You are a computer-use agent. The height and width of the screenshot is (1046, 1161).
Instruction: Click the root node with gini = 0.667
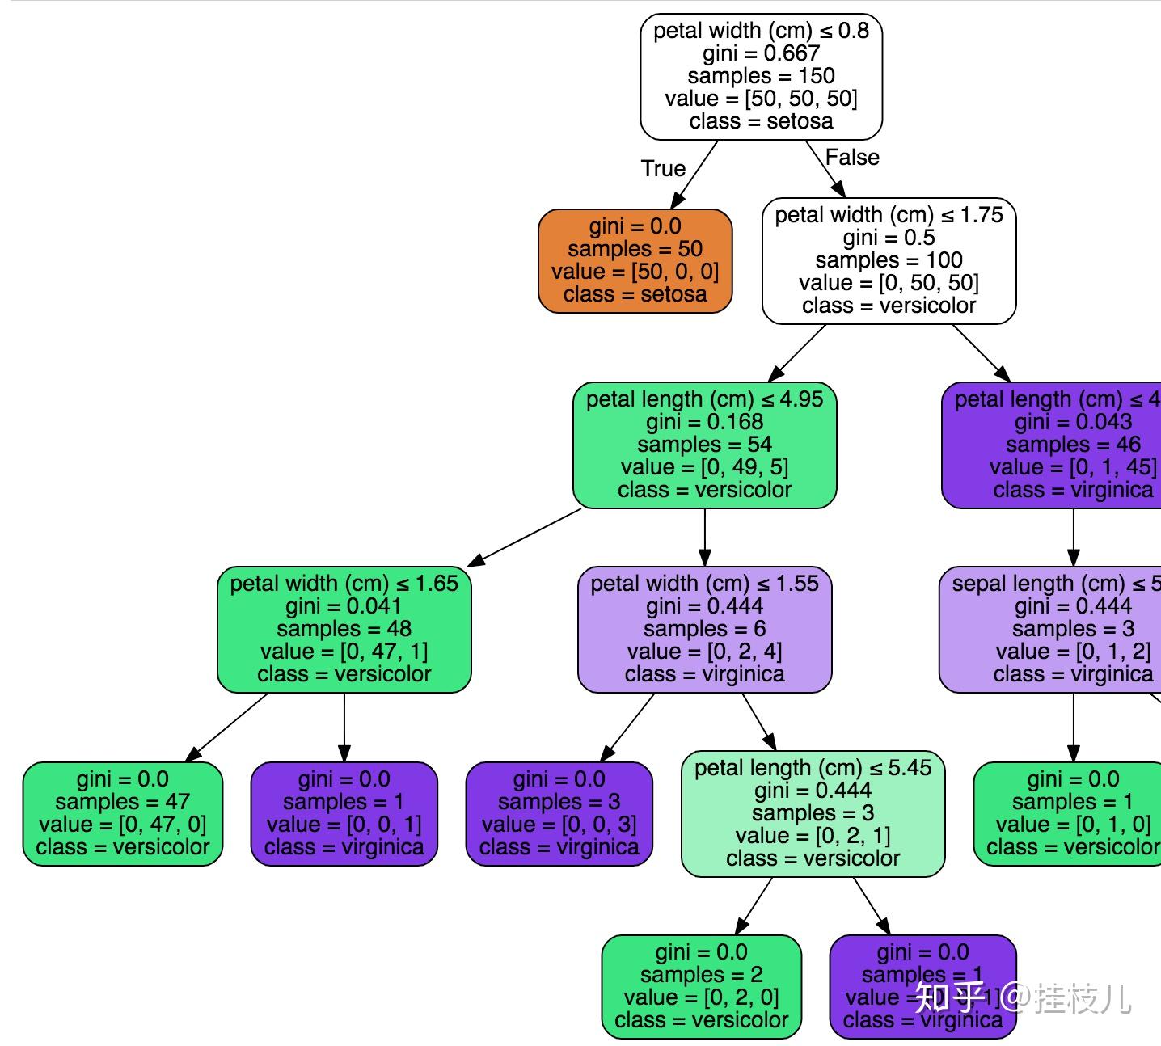click(x=761, y=76)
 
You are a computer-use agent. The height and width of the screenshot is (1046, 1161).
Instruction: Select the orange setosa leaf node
click(x=635, y=260)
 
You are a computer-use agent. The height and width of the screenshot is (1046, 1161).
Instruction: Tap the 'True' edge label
click(x=663, y=168)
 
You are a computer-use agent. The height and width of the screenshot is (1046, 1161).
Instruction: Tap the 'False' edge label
click(x=851, y=157)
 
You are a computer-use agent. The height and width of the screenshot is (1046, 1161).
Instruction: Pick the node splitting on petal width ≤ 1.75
click(x=889, y=260)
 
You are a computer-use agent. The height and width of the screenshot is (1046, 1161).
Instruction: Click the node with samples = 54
click(x=704, y=445)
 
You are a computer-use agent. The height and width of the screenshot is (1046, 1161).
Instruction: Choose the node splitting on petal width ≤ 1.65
click(x=344, y=629)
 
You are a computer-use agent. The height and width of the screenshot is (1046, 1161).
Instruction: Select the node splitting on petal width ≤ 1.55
click(x=704, y=629)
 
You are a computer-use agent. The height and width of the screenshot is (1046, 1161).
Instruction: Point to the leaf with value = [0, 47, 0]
click(x=122, y=813)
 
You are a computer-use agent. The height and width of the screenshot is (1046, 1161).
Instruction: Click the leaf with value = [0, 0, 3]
click(x=559, y=813)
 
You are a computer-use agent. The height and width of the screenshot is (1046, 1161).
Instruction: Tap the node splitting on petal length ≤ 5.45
click(x=813, y=813)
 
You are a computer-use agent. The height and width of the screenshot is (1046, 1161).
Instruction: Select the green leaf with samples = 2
click(x=701, y=986)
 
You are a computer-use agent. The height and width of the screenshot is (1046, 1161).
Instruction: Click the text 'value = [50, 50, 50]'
click(x=761, y=99)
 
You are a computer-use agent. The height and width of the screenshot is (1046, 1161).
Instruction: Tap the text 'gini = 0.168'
click(x=704, y=422)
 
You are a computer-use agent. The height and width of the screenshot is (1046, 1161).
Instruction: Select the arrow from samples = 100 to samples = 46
click(x=981, y=352)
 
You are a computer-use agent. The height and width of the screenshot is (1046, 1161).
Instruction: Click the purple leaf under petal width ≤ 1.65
click(x=344, y=813)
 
